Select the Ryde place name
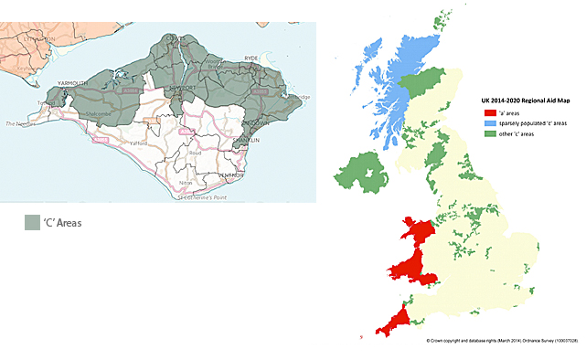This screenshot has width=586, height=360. [251, 58]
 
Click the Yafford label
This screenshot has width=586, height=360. [139, 143]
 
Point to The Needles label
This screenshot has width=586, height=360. [22, 122]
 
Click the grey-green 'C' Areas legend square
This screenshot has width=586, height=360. [33, 223]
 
